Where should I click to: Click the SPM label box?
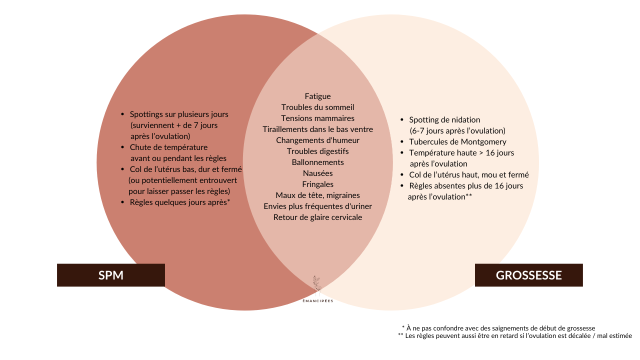(x=111, y=275)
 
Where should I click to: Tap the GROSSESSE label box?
(x=528, y=275)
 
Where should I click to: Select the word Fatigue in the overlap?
(x=317, y=96)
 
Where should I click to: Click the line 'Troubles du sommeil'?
(x=317, y=107)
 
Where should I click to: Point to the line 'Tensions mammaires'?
(x=317, y=118)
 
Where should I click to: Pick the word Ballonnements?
(x=317, y=162)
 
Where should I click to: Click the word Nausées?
(x=317, y=173)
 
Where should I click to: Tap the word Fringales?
(x=317, y=184)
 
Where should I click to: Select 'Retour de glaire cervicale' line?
(x=317, y=217)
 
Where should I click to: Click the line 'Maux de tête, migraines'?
(x=317, y=195)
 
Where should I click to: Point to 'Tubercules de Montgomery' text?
(x=457, y=142)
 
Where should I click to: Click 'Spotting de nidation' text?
(x=444, y=120)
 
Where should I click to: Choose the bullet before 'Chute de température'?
(x=122, y=147)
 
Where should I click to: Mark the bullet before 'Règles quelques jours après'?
(x=122, y=202)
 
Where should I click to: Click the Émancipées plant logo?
(x=317, y=285)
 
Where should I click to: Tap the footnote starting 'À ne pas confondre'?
(x=498, y=328)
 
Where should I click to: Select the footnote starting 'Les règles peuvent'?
(x=515, y=335)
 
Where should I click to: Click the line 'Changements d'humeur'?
(x=317, y=140)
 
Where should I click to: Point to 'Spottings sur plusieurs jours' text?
(x=179, y=114)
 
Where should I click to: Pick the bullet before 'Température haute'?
(x=402, y=153)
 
